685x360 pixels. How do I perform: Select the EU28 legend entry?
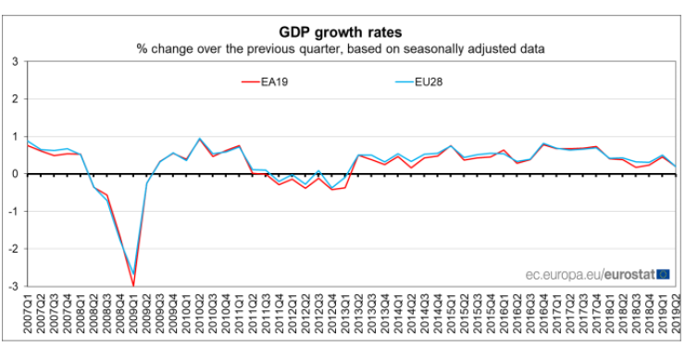428,81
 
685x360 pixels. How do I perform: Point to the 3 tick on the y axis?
13,61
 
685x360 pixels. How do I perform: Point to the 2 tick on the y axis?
13,99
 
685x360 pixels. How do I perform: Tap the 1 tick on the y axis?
13,136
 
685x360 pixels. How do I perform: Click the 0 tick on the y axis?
13,174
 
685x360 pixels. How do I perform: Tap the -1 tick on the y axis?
11,212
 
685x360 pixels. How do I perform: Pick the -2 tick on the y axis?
11,249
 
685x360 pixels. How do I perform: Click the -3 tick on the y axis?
11,287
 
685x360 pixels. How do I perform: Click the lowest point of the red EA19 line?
134,286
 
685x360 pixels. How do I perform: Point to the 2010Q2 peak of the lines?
200,139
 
